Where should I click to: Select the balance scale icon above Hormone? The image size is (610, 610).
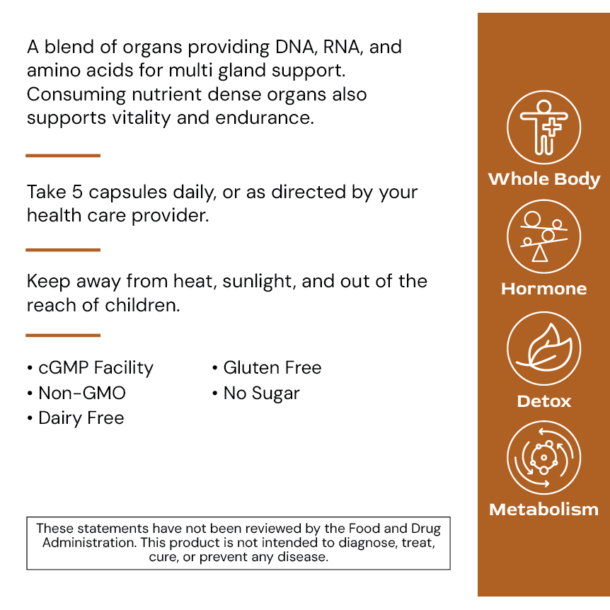(x=543, y=237)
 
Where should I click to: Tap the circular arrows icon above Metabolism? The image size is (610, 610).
(x=543, y=458)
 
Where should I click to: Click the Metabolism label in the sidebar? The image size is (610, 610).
(x=543, y=510)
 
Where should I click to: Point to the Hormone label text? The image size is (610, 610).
(x=543, y=289)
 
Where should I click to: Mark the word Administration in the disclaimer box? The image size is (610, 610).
(x=88, y=543)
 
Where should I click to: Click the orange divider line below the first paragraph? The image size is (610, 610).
(x=63, y=156)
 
